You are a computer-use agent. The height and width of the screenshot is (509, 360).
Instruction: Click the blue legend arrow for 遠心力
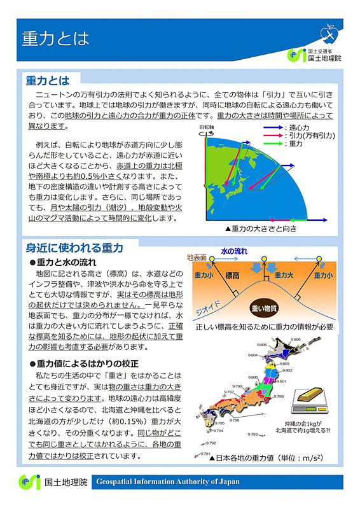[x=272, y=128]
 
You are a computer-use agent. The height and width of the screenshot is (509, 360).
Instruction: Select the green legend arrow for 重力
[x=272, y=144]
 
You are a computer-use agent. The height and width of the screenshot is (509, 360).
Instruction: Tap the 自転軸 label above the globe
[x=207, y=127]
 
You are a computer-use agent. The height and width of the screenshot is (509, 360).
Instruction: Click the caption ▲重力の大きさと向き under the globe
[x=261, y=228]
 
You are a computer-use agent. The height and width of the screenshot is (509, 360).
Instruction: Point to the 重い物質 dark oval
[x=265, y=308]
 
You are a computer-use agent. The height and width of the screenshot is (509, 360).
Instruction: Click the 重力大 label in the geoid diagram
[x=284, y=275]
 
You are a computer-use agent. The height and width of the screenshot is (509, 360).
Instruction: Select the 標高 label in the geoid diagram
[x=233, y=275]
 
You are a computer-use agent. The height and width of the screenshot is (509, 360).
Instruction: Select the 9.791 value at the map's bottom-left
[x=205, y=454]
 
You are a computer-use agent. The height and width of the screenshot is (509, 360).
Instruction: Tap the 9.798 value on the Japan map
[x=279, y=396]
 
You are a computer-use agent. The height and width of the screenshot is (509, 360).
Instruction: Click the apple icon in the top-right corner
[x=329, y=31]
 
